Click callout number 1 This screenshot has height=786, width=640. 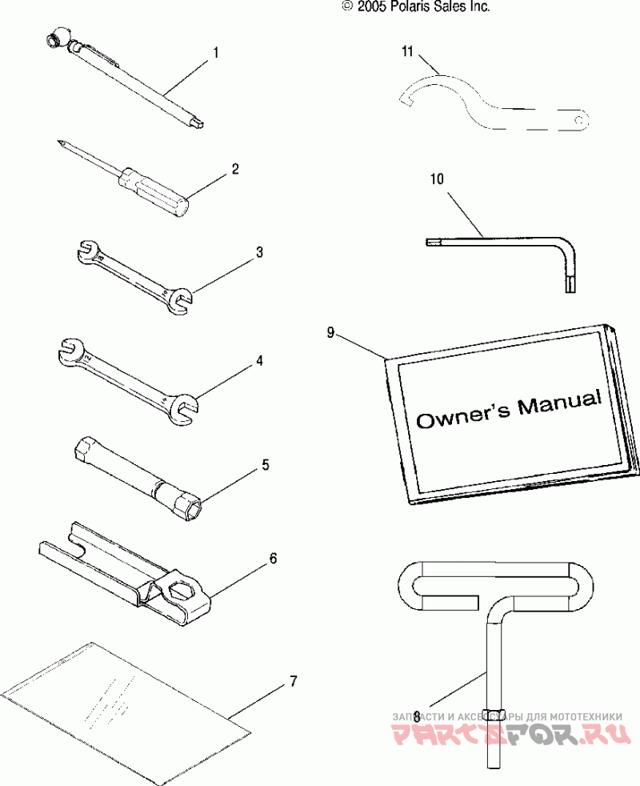(215, 54)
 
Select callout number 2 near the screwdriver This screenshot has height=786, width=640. (235, 169)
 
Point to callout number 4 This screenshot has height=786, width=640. (259, 361)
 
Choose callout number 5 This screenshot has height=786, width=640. (265, 464)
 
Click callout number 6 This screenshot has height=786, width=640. (273, 558)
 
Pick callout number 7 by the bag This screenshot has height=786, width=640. (293, 681)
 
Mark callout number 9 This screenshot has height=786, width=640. (330, 333)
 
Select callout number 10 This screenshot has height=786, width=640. (437, 179)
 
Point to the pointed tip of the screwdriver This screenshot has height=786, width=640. (62, 145)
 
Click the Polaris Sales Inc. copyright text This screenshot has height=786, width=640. (415, 6)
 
